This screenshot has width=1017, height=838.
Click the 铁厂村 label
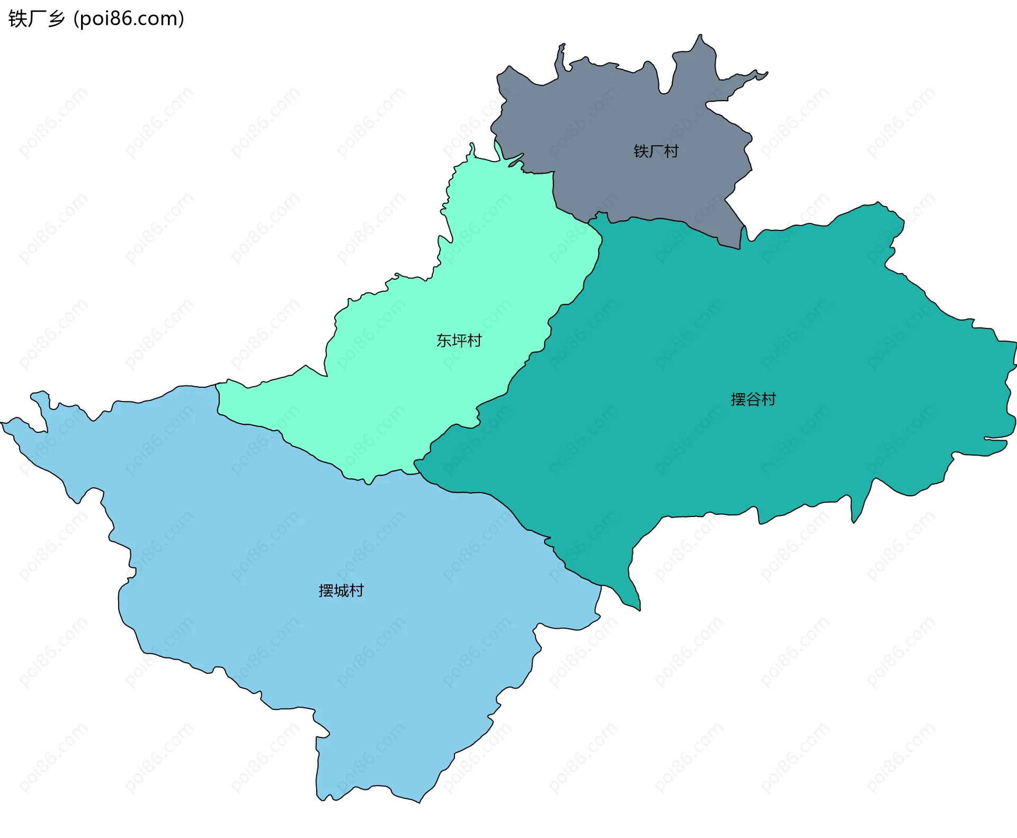click(x=656, y=151)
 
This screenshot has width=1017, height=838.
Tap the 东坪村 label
click(x=459, y=341)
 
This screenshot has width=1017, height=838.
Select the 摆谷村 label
click(x=753, y=399)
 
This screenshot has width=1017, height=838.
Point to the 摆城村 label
click(x=341, y=591)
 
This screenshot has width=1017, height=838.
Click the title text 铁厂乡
click(x=37, y=19)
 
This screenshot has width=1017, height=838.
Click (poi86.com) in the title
click(x=129, y=19)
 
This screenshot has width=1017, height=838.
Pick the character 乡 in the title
click(x=56, y=19)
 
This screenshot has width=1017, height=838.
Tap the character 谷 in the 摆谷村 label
click(x=753, y=399)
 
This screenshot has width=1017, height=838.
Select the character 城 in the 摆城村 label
click(x=342, y=591)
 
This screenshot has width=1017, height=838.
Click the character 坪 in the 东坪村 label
click(x=459, y=341)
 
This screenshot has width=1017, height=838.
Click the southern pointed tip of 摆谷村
click(x=639, y=610)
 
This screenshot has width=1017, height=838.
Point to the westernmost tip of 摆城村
click(x=2, y=423)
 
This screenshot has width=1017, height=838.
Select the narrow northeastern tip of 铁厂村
click(x=766, y=74)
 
